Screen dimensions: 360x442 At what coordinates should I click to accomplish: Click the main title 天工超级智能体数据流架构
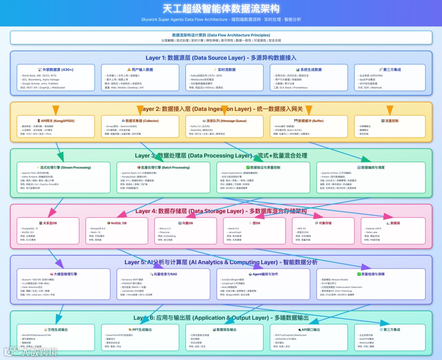tap(221, 9)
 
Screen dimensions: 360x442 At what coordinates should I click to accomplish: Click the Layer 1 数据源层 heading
tap(221, 58)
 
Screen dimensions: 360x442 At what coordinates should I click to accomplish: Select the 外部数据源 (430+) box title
tap(56, 70)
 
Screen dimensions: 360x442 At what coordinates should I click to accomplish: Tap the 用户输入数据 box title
tap(140, 70)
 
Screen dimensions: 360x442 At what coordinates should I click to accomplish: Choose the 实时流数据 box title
tap(224, 70)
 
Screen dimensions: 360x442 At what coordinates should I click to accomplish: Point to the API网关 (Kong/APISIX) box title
tap(56, 121)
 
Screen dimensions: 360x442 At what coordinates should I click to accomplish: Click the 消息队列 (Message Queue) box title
tap(224, 121)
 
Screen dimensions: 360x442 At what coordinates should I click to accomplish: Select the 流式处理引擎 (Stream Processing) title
tap(63, 167)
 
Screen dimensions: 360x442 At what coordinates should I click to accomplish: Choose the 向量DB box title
tap(185, 223)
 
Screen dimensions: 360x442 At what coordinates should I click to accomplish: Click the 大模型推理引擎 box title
tap(63, 274)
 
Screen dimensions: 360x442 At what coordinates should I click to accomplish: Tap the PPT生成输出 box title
tap(140, 329)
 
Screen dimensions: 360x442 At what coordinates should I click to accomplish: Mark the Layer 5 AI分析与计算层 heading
tap(221, 262)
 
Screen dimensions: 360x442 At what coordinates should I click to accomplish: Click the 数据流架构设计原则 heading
tap(221, 35)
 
